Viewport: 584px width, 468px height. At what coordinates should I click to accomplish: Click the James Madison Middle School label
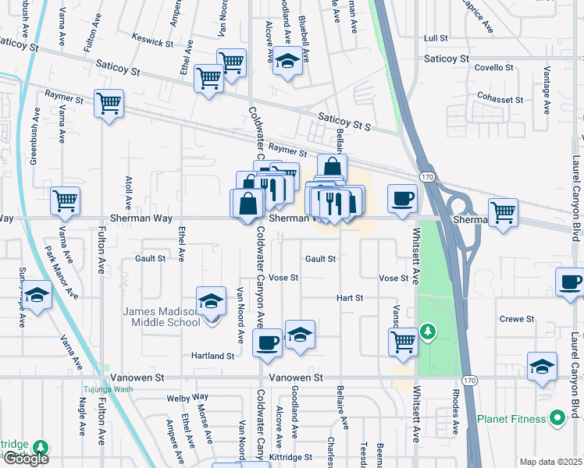[162, 317]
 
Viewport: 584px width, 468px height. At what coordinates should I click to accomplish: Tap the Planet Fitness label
[513, 419]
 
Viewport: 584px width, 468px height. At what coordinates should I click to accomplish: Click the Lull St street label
[435, 37]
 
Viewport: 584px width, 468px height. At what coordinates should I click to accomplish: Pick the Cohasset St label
[500, 100]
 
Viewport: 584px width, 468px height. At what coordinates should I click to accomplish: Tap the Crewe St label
[517, 319]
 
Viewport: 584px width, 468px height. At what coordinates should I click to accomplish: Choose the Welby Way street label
[188, 398]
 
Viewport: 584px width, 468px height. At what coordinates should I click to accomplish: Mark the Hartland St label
[213, 356]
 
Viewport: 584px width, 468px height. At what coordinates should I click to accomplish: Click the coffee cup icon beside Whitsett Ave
[403, 198]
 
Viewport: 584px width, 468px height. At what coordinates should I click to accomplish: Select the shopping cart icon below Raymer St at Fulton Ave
[109, 103]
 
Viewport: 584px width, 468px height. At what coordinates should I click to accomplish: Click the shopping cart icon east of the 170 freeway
[504, 211]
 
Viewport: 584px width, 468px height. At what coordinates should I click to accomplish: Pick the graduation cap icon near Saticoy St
[288, 62]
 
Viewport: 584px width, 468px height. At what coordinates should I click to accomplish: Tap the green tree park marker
[428, 333]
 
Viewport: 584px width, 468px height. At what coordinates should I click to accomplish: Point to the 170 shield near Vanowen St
[468, 380]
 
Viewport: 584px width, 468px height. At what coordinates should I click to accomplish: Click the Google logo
[26, 459]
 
